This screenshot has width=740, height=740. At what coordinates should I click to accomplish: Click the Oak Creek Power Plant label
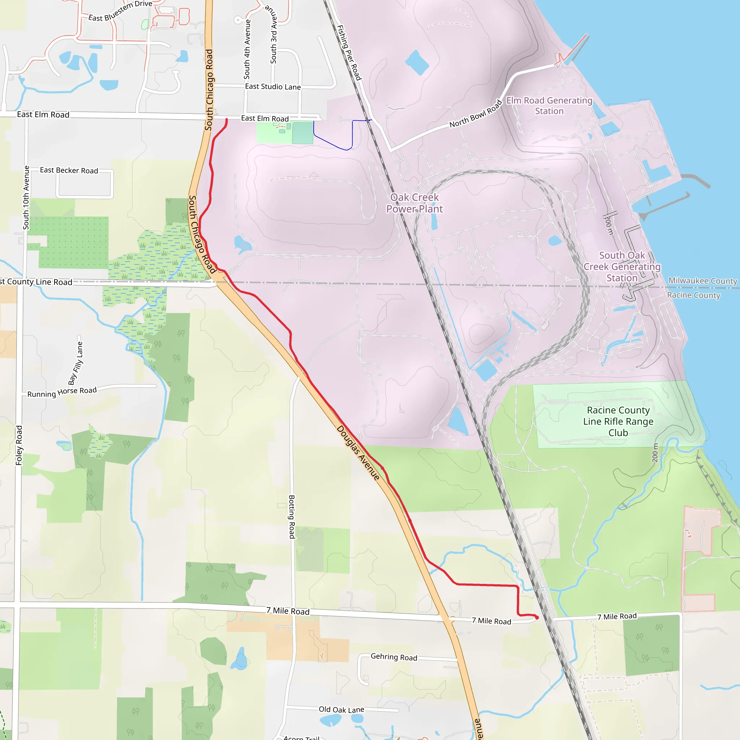point(414,203)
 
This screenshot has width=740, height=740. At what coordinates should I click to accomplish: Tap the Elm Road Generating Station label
point(549,106)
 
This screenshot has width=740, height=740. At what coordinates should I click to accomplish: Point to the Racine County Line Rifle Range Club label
point(618,421)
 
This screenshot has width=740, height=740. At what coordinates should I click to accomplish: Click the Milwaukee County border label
point(702,281)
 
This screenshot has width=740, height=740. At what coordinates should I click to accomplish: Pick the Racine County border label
point(694,295)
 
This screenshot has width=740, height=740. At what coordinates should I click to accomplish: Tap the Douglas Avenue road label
point(358,453)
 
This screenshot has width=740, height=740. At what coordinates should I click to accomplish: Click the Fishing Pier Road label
point(349,52)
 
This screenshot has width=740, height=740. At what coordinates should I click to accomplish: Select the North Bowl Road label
point(476,113)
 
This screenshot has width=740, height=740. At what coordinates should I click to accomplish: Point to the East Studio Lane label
point(273,87)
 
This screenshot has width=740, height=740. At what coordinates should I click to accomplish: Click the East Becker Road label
point(69,171)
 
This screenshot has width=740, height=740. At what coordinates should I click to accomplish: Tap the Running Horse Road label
point(62,392)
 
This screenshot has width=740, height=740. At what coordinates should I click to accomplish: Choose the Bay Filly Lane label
point(76,363)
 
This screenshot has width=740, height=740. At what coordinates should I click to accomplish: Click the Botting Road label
point(292,517)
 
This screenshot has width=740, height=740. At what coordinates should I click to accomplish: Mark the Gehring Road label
point(394,657)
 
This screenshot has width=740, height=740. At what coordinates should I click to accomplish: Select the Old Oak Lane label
point(341,710)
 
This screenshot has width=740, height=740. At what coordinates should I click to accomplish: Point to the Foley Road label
point(19,446)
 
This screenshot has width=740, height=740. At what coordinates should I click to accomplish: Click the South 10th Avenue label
point(26,198)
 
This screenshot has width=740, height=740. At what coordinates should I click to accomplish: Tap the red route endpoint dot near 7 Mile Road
point(537,618)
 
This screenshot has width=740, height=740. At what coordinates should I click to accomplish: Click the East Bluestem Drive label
point(120,11)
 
